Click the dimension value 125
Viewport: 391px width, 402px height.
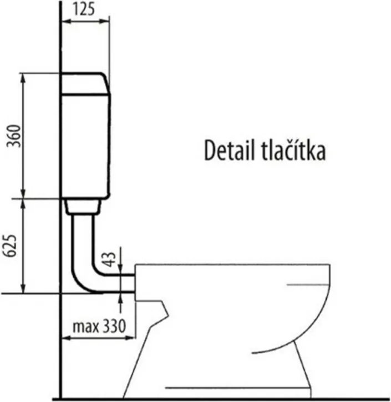click(84, 9)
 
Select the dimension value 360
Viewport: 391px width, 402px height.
click(13, 136)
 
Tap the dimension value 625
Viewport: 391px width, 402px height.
click(10, 245)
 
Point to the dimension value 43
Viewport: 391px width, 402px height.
click(109, 260)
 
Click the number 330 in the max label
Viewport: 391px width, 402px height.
click(114, 326)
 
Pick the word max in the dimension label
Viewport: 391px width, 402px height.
click(86, 327)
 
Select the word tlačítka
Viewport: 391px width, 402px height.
click(293, 150)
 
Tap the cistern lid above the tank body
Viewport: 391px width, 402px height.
click(85, 84)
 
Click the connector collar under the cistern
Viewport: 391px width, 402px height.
click(83, 207)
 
